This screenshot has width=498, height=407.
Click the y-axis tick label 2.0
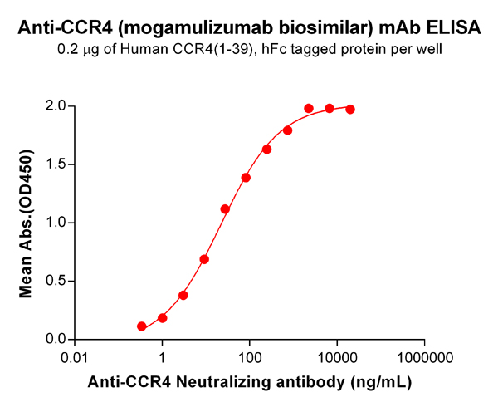(56, 105)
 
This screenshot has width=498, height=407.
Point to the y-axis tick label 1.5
(56, 164)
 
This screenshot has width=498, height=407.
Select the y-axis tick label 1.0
(56, 223)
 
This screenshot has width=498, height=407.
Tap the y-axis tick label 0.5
(56, 281)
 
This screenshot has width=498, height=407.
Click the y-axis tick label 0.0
(56, 339)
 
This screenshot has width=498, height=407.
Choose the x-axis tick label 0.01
(76, 359)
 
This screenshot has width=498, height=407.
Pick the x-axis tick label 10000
(337, 359)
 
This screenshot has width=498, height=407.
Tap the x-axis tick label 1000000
(424, 359)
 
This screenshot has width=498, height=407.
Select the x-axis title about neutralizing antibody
(250, 383)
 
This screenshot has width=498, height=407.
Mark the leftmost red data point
(142, 326)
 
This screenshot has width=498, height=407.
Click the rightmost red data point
(350, 110)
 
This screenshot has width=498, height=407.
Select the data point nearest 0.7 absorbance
(204, 259)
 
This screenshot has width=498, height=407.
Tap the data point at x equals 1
(163, 318)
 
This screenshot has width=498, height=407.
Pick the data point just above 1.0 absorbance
(225, 209)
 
